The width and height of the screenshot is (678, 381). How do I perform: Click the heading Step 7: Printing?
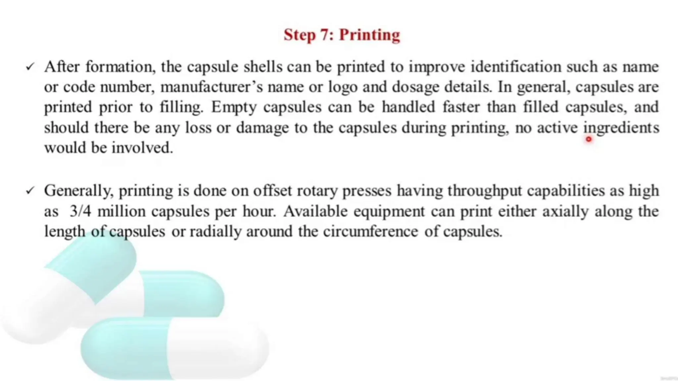tap(342, 35)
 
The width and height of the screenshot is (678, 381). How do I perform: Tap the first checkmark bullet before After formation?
tap(30, 67)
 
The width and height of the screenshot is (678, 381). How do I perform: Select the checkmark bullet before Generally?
tap(30, 190)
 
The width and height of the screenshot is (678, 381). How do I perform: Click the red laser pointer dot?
tap(588, 139)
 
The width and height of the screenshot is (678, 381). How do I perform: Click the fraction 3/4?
tap(80, 211)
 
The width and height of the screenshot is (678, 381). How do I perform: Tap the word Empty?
tap(234, 107)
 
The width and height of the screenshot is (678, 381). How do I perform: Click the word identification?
tap(516, 67)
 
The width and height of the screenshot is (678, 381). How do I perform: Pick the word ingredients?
tap(621, 128)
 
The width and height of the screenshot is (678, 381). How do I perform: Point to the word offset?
tap(272, 191)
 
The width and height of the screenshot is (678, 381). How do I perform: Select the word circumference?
tap(370, 231)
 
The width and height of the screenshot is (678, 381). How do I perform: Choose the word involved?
tap(142, 148)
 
